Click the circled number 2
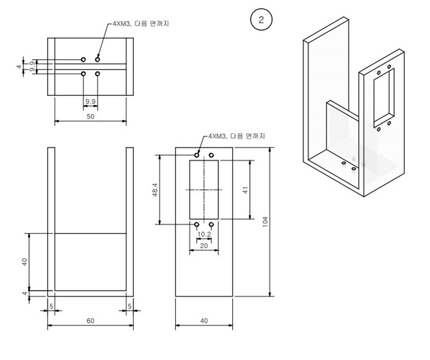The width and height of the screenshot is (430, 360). pyautogui.click(x=261, y=20)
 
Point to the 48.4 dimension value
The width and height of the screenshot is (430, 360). pyautogui.click(x=155, y=189)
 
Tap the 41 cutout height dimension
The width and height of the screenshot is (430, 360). pyautogui.click(x=245, y=189)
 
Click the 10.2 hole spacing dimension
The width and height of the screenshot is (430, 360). pyautogui.click(x=204, y=234)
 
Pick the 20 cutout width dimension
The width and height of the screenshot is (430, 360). pyautogui.click(x=204, y=245)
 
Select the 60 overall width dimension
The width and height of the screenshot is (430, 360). pyautogui.click(x=90, y=321)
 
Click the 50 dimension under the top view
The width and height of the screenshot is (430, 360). pyautogui.click(x=90, y=116)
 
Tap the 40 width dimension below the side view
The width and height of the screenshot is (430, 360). pyautogui.click(x=204, y=321)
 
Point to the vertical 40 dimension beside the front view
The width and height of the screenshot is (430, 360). pyautogui.click(x=24, y=262)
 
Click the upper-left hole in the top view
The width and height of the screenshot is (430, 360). pyautogui.click(x=83, y=59)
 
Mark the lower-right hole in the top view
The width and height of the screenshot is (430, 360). pyautogui.click(x=97, y=74)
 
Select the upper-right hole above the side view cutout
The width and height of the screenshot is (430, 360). pyautogui.click(x=211, y=156)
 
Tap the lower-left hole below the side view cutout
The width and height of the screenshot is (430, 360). pyautogui.click(x=197, y=224)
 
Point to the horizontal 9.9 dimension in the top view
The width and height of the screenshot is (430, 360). pyautogui.click(x=90, y=101)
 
